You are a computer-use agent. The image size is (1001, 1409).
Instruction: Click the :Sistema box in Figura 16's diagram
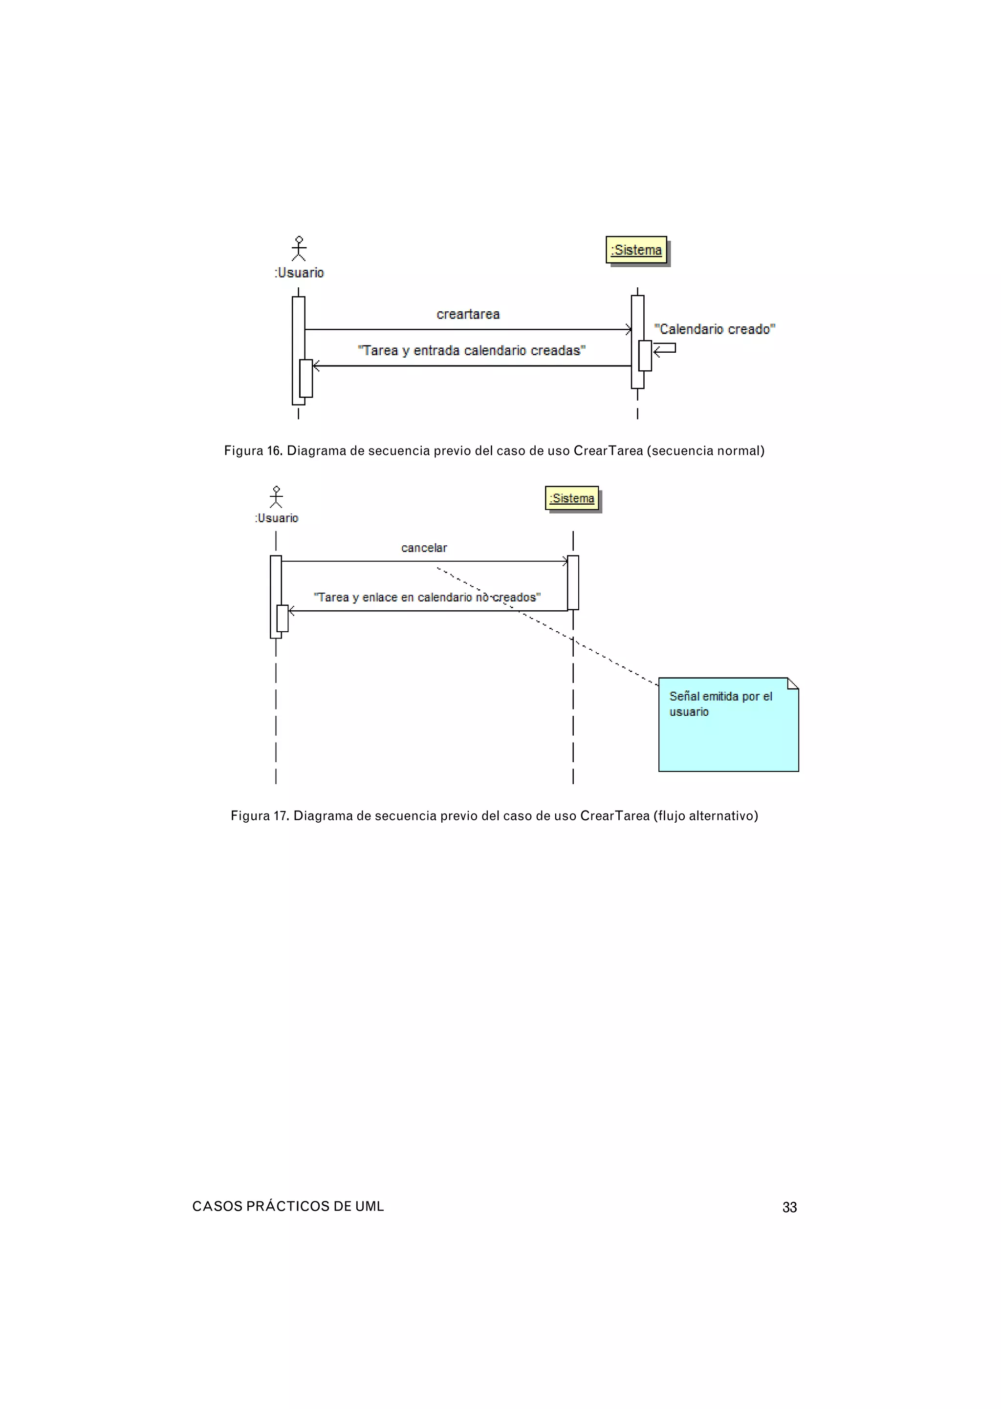click(636, 250)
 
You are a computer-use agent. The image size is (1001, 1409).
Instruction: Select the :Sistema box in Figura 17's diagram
click(572, 498)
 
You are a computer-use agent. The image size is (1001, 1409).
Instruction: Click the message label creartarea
click(468, 314)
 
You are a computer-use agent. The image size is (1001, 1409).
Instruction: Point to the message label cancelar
click(424, 548)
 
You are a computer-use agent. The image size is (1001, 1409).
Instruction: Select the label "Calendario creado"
click(715, 329)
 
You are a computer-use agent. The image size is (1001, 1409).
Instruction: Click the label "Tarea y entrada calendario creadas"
click(472, 351)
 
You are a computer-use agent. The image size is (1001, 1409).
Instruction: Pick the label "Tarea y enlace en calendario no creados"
click(427, 597)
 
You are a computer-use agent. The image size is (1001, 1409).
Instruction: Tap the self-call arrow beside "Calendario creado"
click(665, 349)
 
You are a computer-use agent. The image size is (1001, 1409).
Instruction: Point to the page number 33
click(789, 1207)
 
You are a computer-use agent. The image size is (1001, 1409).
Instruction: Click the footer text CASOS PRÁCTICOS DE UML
click(288, 1206)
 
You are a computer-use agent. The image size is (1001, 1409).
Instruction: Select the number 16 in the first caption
click(274, 450)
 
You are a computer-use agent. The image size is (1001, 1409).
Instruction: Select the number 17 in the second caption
click(281, 816)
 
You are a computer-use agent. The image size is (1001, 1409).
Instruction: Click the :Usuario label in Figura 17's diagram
click(277, 518)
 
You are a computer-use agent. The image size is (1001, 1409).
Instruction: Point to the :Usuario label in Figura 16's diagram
click(299, 272)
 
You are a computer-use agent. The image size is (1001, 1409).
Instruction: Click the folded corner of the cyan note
click(793, 683)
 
